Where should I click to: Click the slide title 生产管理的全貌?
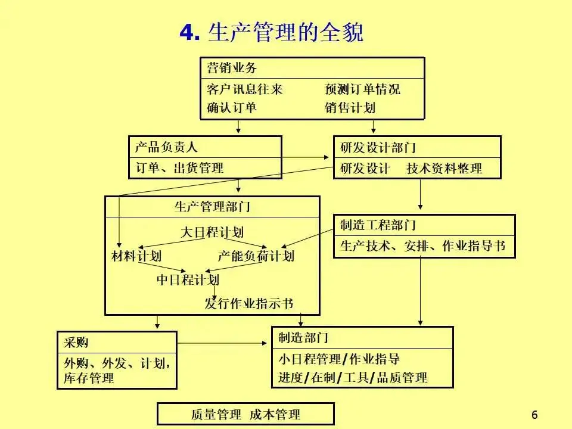point(271,32)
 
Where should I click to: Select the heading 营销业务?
point(232,68)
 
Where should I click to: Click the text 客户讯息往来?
point(244,89)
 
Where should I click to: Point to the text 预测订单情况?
point(362,89)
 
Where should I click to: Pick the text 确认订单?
point(232,108)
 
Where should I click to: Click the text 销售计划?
point(350,108)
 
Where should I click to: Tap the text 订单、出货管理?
point(180,167)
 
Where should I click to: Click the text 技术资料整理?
point(444,169)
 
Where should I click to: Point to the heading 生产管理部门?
point(212,207)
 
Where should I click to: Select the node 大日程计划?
point(212,232)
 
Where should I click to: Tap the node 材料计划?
point(136,256)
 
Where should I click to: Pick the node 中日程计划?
point(188,279)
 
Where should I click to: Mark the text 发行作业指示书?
point(249,303)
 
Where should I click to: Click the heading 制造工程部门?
point(378,225)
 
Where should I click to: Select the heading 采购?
point(76,342)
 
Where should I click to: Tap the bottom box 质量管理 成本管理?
point(245,414)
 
